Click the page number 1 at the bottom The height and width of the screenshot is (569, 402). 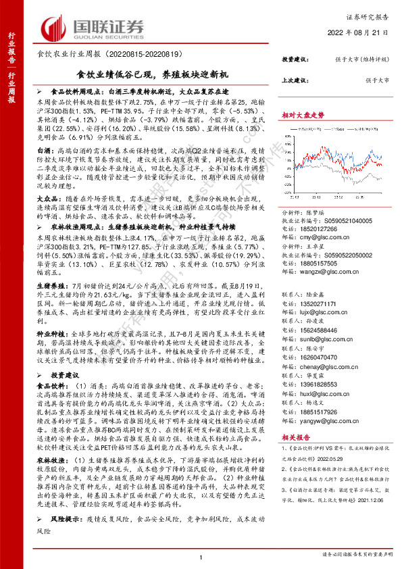click(x=201, y=557)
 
